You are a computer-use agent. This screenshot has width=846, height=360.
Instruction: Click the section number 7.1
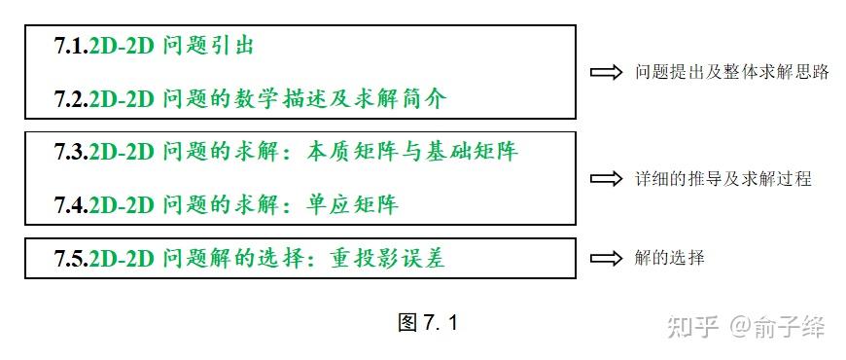[x=72, y=46]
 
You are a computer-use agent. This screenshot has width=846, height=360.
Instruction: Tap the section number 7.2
[x=72, y=99]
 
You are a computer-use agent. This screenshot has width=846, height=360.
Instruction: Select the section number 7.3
[x=72, y=152]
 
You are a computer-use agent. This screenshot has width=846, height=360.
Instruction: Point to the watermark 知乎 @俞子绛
[x=747, y=327]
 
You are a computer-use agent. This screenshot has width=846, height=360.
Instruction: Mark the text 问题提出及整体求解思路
[x=731, y=72]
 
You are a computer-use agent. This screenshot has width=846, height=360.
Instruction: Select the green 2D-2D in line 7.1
[x=122, y=46]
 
